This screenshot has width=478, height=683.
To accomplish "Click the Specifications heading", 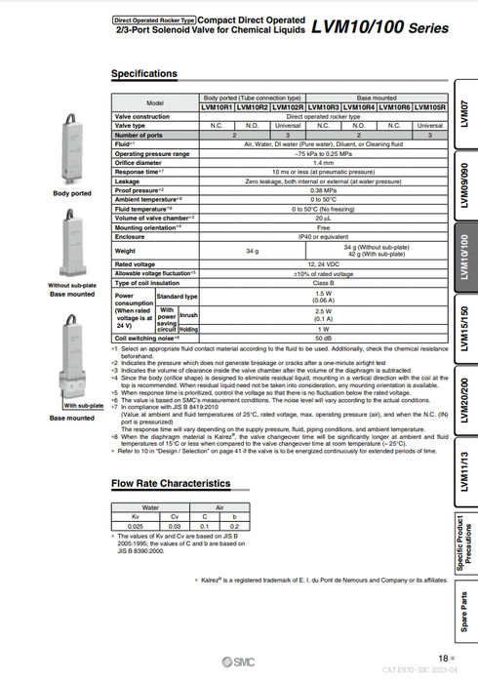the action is coord(143,73).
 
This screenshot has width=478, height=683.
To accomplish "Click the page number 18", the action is coord(443,658).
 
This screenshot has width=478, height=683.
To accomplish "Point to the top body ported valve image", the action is coord(73,147).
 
